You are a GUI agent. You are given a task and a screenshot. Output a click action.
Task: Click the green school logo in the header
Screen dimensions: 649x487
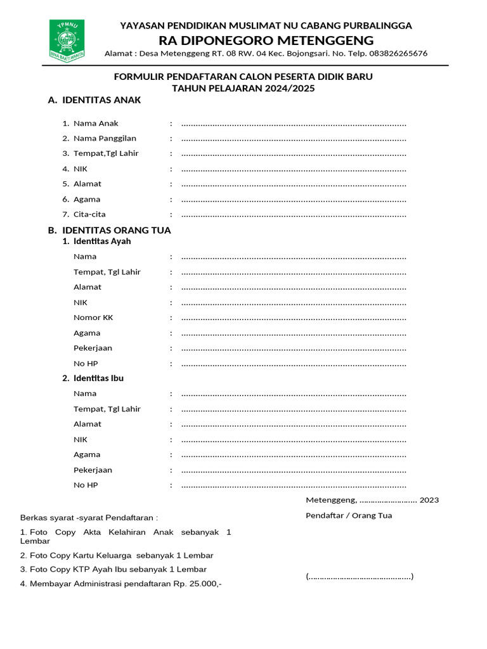[x=67, y=39]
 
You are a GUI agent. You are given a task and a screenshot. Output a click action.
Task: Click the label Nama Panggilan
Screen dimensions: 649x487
[x=105, y=138]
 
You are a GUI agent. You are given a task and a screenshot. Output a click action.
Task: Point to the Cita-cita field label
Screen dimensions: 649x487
[x=89, y=214]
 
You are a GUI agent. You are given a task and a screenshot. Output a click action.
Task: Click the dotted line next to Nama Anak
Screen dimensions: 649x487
[x=294, y=124]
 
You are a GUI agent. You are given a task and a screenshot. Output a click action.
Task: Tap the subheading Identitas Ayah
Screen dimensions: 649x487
[x=102, y=241]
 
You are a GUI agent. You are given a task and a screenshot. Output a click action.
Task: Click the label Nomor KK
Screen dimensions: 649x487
[x=93, y=318]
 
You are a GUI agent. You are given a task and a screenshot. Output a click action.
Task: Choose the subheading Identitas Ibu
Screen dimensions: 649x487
[x=98, y=378]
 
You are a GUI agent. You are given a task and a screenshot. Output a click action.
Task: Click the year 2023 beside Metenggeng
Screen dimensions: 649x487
[x=429, y=500]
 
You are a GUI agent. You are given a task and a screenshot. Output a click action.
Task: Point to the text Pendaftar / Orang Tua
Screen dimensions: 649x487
[x=349, y=515]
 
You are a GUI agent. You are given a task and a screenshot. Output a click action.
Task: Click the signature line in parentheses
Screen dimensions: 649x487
[x=360, y=577]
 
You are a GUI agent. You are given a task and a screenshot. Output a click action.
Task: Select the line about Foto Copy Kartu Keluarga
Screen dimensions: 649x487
[x=117, y=555]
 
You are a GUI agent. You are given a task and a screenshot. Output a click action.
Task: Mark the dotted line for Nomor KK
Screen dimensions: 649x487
[x=294, y=318]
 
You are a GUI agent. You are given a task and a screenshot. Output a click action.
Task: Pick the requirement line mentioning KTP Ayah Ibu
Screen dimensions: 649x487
[x=114, y=569]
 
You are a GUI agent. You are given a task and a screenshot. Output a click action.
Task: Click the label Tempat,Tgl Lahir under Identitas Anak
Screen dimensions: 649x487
[x=106, y=153]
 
